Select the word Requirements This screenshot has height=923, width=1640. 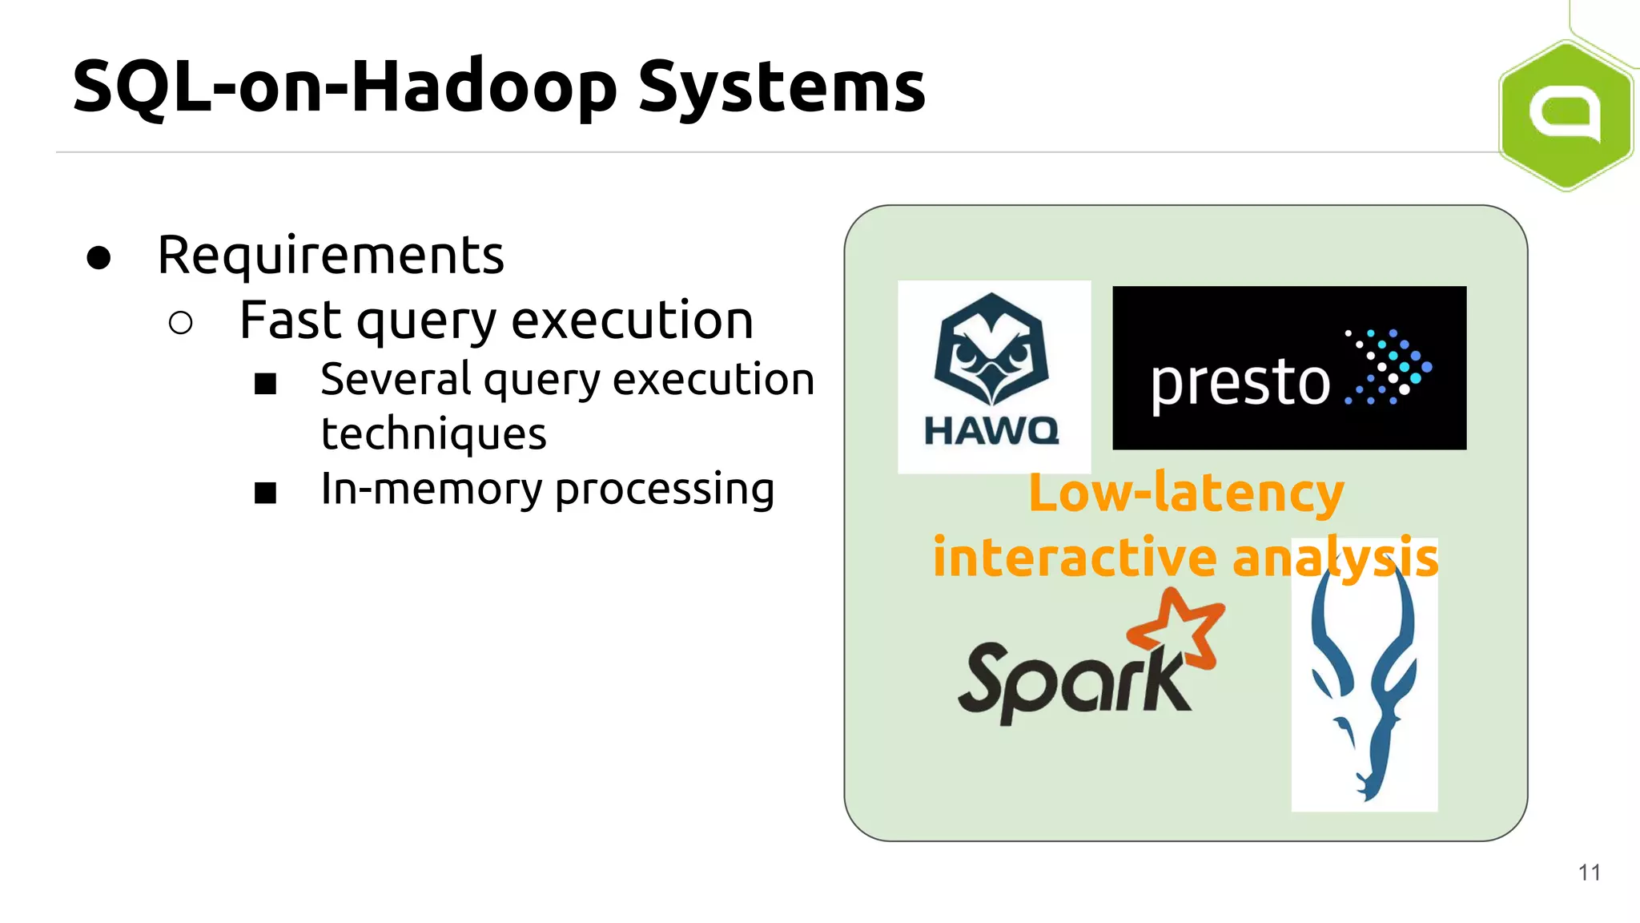point(331,256)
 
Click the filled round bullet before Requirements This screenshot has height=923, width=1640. point(98,257)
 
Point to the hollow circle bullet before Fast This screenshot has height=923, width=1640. point(181,322)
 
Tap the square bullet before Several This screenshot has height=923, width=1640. point(265,384)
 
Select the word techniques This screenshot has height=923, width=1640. point(433,434)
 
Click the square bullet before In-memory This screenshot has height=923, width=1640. point(265,492)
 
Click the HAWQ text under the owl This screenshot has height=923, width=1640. point(991,432)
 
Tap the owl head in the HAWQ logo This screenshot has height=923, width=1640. point(991,349)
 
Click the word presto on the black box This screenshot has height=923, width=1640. point(1240,383)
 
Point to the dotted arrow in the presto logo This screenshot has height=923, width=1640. point(1388,366)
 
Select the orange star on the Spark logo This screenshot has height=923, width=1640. point(1177,630)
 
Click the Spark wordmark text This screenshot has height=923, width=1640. point(1073,681)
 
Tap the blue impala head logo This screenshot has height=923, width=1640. point(1364,681)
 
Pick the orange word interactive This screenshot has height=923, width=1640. point(1075,558)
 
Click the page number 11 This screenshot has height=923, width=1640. point(1589,873)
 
